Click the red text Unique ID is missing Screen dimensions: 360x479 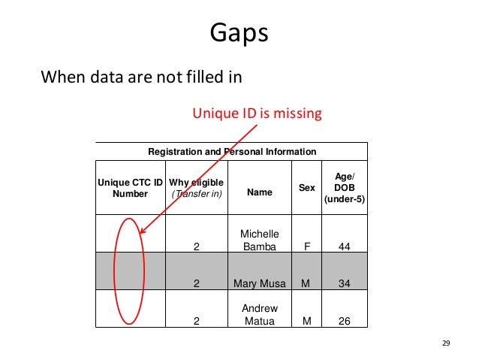coord(257,113)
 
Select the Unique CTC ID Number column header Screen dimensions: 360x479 coord(131,187)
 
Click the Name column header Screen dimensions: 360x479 coord(259,193)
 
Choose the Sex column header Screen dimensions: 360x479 coord(307,187)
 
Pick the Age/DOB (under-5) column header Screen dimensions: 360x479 coord(344,187)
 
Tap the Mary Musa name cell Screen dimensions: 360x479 coord(259,284)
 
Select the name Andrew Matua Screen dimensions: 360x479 coord(259,315)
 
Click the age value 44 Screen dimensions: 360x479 coord(344,246)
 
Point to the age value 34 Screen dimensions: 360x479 coord(344,284)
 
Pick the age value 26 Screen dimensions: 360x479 coord(344,321)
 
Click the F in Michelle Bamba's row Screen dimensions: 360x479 coord(306,246)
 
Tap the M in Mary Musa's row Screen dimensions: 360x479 coord(306,284)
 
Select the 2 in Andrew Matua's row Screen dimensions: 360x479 coord(197,321)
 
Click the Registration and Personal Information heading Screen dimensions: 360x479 coord(232,152)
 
